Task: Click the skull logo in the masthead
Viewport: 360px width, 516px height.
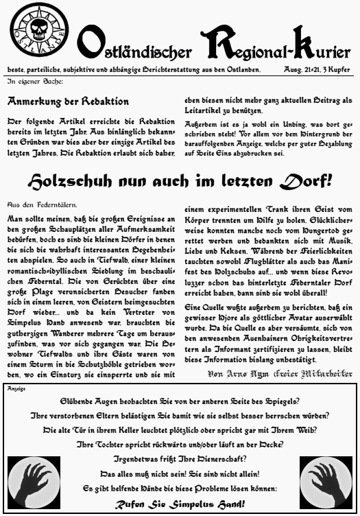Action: click(x=38, y=32)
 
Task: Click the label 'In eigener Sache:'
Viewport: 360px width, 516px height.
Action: click(x=35, y=82)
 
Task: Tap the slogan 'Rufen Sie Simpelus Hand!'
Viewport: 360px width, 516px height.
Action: click(x=180, y=505)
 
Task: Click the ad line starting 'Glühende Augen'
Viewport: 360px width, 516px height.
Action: click(x=180, y=401)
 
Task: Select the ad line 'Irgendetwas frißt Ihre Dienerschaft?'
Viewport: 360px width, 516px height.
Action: click(x=180, y=459)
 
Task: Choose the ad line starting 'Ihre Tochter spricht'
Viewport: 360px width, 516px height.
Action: click(x=180, y=445)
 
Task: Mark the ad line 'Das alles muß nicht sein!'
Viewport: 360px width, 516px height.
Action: click(x=180, y=473)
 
